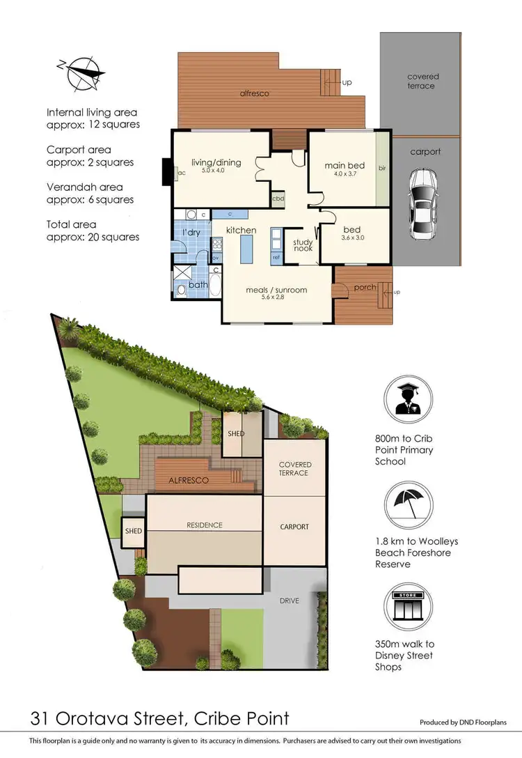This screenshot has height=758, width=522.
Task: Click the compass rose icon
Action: (81, 71)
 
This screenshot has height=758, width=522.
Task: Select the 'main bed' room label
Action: (340, 166)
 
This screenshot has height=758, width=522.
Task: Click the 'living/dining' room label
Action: (216, 162)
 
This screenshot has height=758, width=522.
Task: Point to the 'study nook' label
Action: (303, 246)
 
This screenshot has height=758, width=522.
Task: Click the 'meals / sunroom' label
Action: (276, 290)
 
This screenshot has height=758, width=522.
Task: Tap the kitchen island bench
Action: (245, 248)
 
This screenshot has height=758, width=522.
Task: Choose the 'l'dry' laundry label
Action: (191, 231)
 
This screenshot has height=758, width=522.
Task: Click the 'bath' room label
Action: (198, 284)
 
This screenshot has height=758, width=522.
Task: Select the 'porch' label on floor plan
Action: (365, 287)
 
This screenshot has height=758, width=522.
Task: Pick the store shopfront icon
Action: (408, 608)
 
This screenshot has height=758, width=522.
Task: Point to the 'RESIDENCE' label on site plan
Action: (204, 525)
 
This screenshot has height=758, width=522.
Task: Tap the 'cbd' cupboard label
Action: (278, 198)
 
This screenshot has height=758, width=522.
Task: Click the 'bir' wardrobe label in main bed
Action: (382, 168)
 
